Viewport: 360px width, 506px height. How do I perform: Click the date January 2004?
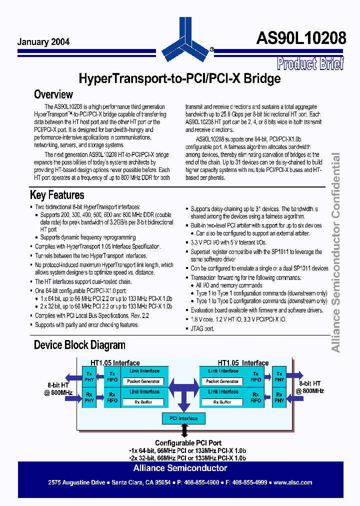43,42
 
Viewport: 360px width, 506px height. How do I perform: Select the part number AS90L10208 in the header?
301,38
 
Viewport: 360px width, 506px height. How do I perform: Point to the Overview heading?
53,94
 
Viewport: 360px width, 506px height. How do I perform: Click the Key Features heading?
57,195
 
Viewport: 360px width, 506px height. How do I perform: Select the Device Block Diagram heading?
79,345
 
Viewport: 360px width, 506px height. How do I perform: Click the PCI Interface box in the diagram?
183,418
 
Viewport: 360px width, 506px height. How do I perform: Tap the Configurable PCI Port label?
188,443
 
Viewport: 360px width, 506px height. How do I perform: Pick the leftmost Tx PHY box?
89,376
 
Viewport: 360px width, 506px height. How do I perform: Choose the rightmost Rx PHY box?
279,397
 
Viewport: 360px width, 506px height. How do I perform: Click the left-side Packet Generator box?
143,381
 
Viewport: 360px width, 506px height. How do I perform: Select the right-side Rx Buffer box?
222,402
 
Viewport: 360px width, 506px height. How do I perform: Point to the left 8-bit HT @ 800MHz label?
60,388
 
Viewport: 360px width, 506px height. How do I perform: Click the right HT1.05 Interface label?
242,363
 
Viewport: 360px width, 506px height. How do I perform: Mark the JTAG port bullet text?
202,328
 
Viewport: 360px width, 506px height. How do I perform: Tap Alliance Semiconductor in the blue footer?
180,468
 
